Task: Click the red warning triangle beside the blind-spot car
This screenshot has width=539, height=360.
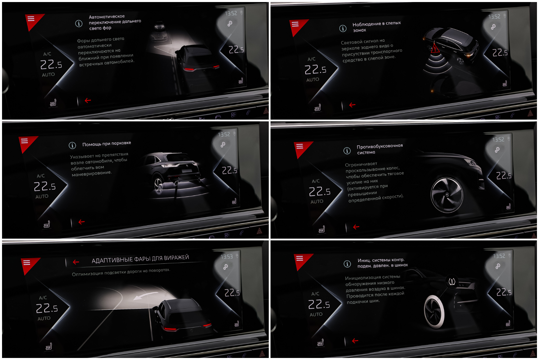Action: point(435,48)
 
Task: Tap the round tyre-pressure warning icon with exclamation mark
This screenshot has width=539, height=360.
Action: point(452,281)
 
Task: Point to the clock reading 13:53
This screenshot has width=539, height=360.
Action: point(227,256)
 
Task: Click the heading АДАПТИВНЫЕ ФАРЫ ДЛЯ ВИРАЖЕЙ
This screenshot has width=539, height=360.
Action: point(140,259)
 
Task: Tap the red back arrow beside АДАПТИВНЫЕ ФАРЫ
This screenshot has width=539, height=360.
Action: point(76,262)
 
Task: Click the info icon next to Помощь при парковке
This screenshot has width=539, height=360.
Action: point(72,145)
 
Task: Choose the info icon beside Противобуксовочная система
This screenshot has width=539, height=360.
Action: point(347,150)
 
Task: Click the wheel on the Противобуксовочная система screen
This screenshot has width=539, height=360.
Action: point(447,195)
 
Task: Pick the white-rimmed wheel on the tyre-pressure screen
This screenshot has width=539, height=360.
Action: point(434,311)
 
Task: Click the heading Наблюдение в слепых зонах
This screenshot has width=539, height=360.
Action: point(377,26)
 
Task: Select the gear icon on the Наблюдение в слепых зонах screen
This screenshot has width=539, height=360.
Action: point(493,27)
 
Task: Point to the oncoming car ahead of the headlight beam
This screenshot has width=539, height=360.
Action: point(160,26)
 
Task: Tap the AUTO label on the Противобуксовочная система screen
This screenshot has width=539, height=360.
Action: point(317,201)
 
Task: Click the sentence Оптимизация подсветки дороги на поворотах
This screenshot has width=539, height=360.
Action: point(121,272)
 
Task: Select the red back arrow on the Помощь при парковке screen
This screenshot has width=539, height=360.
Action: point(81,222)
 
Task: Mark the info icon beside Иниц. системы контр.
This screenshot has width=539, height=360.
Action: point(347,264)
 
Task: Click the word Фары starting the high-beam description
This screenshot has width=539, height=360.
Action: point(83,41)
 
